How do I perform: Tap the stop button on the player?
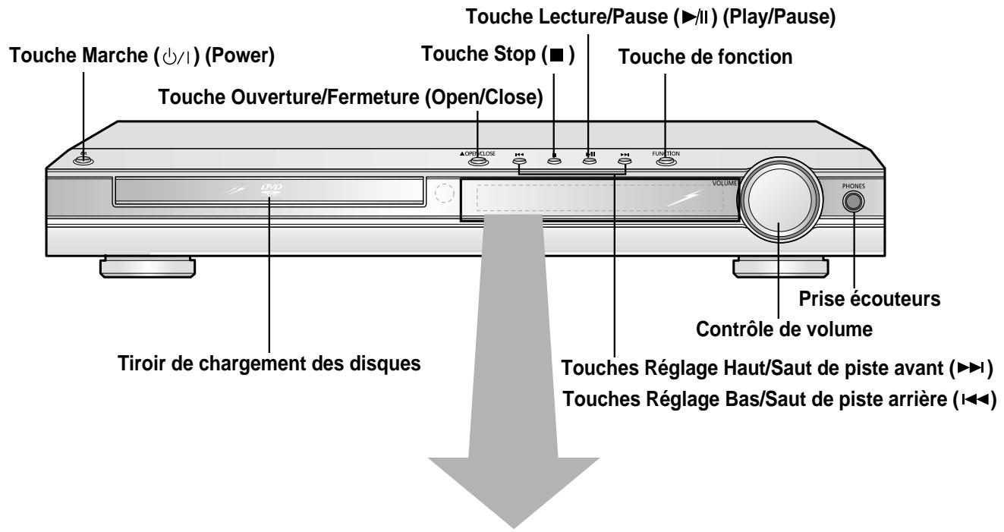[x=554, y=161]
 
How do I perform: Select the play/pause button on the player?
[x=590, y=161]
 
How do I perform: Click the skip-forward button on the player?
[x=625, y=161]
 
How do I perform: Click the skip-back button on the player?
[x=519, y=161]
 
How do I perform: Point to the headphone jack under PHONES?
[x=852, y=201]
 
